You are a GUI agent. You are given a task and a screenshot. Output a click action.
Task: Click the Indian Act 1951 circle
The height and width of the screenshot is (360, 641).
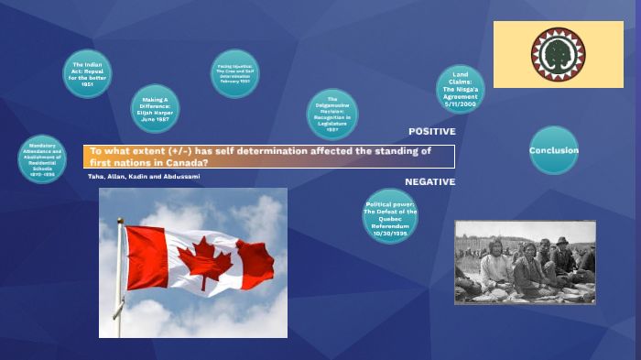[88, 73]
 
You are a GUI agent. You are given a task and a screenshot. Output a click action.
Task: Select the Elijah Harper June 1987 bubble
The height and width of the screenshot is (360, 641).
[155, 108]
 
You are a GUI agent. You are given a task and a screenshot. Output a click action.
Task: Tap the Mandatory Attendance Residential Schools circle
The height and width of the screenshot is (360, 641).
[42, 158]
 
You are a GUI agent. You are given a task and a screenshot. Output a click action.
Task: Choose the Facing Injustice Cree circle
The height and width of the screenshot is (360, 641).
[234, 73]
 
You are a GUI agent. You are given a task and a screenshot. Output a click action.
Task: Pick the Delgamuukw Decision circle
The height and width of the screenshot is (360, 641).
[332, 114]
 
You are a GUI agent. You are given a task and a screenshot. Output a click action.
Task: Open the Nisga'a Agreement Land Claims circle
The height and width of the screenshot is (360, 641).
[461, 89]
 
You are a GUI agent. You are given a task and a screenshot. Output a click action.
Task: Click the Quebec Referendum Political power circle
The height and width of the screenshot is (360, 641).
[391, 216]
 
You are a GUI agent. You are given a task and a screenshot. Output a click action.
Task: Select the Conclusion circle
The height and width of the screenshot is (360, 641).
[554, 150]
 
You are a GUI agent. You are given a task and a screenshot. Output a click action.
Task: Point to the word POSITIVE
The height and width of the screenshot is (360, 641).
[431, 131]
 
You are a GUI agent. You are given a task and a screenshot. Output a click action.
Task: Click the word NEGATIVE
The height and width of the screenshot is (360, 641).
[429, 181]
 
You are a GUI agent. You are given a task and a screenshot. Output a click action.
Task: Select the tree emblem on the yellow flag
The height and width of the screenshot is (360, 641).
[559, 55]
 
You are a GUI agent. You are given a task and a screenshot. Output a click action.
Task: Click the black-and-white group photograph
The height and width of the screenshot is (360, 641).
[525, 262]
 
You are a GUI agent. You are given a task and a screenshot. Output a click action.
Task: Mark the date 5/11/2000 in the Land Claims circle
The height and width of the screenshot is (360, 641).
[461, 104]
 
